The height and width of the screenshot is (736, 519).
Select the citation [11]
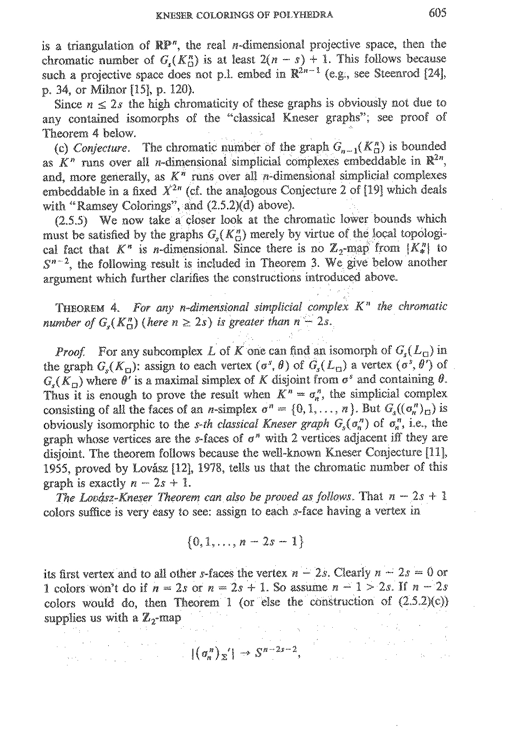coord(437,454)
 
